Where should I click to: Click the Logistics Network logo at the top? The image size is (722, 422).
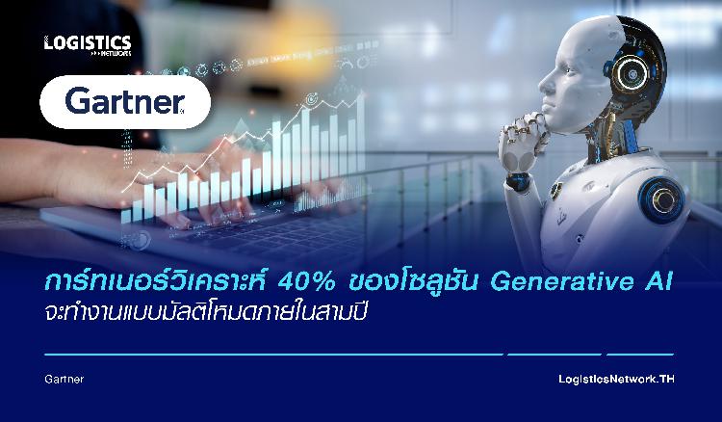88,45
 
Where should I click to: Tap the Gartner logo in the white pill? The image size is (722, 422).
125,101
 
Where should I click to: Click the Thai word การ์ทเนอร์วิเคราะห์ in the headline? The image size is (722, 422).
155,280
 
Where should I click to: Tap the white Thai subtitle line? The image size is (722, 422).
206,311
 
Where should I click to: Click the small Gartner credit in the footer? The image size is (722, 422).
64,380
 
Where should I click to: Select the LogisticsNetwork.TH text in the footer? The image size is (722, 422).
616,380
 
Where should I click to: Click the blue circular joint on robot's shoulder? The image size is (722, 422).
661,200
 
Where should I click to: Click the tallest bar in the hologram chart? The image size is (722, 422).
361,133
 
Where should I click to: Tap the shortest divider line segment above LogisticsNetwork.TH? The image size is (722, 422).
640,355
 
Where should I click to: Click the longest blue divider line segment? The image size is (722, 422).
273,355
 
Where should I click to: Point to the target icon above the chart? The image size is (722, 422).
312,97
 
